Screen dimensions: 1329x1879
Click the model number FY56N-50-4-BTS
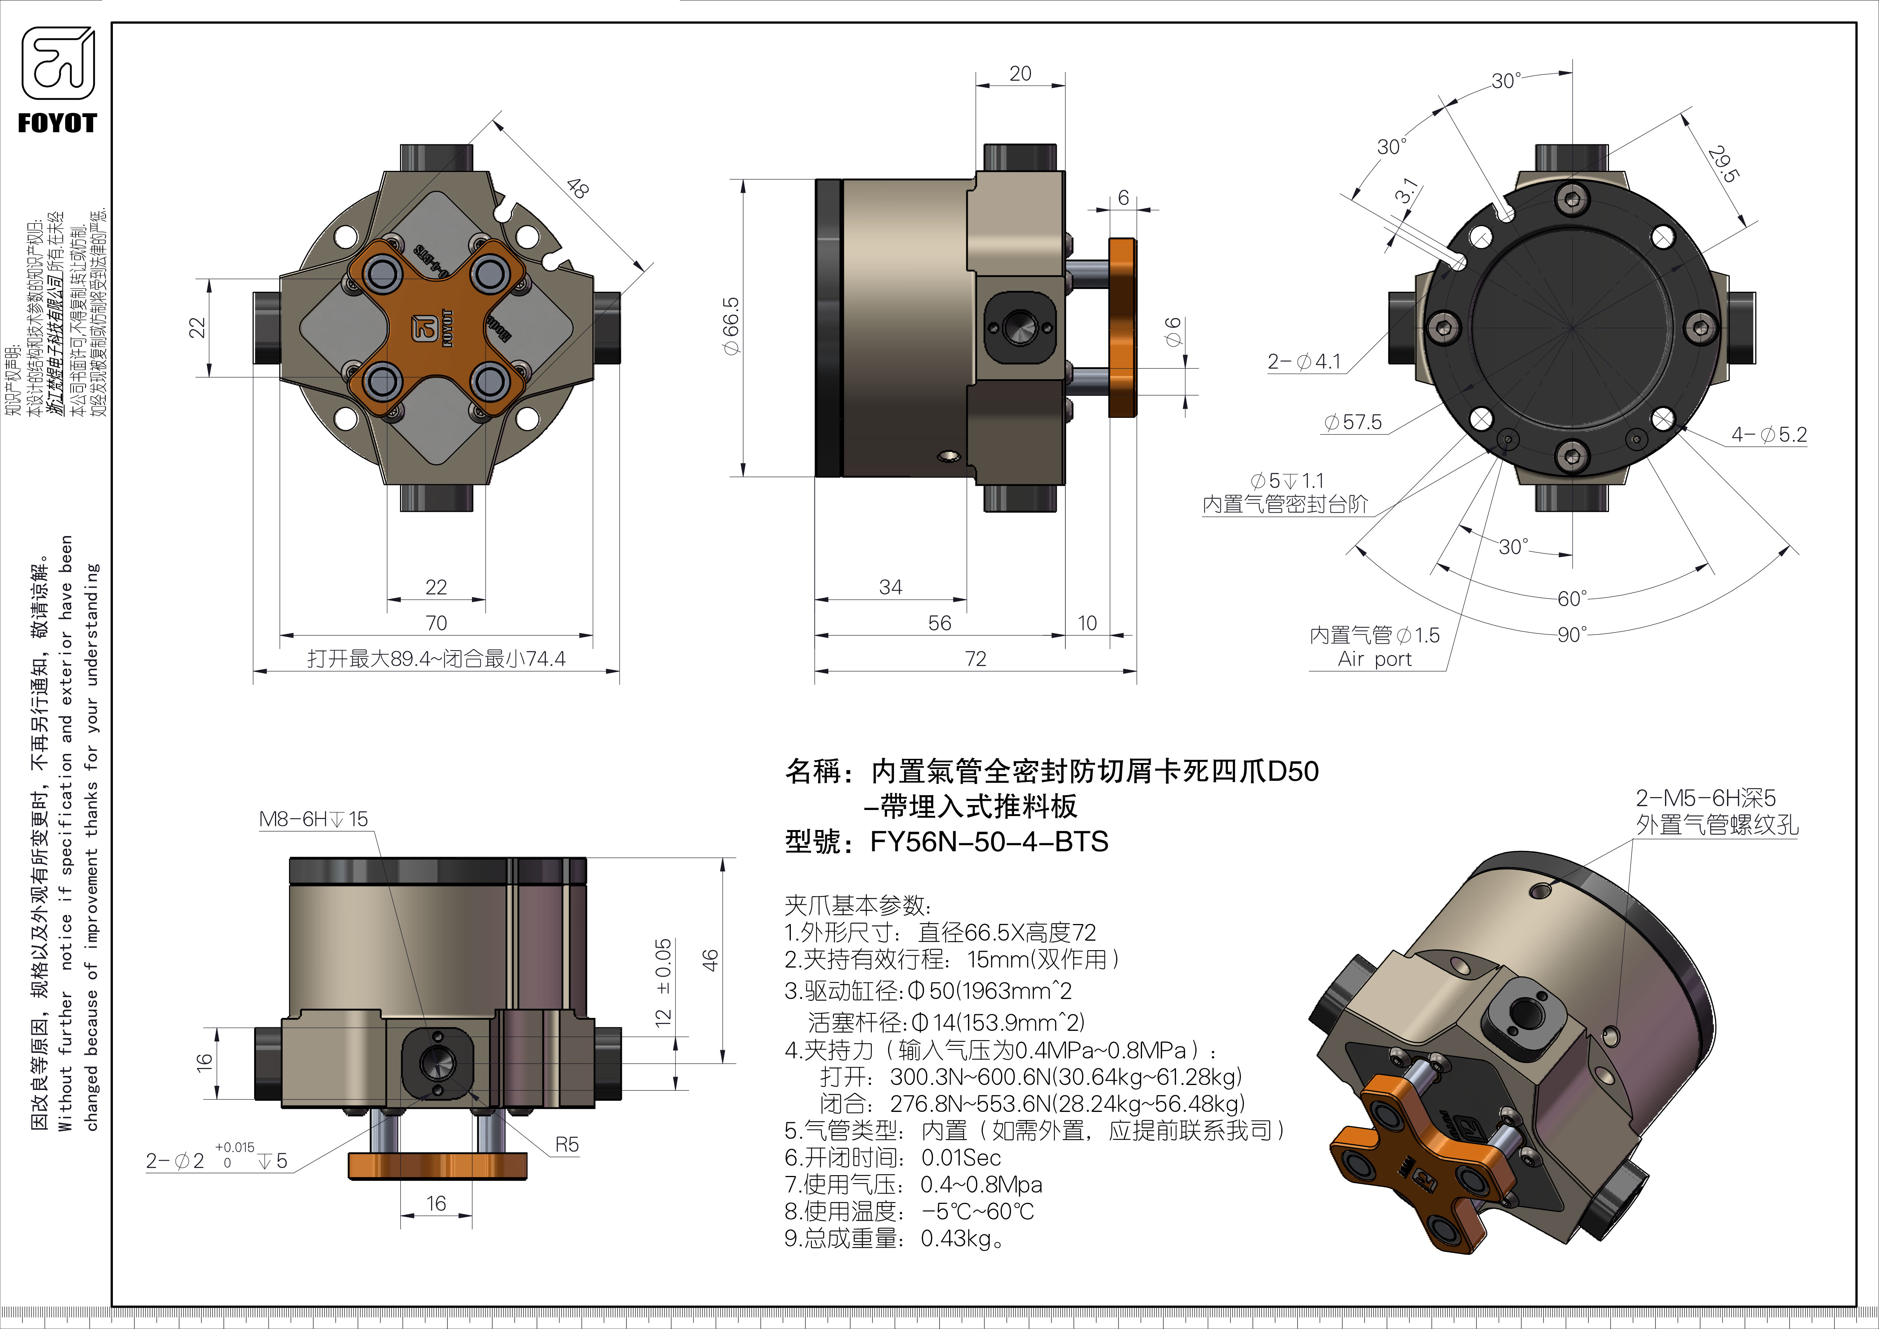[989, 842]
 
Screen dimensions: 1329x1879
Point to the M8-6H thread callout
[314, 819]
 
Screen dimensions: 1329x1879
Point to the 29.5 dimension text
[1722, 164]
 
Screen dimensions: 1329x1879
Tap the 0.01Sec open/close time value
[961, 1158]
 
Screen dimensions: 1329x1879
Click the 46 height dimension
[711, 960]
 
